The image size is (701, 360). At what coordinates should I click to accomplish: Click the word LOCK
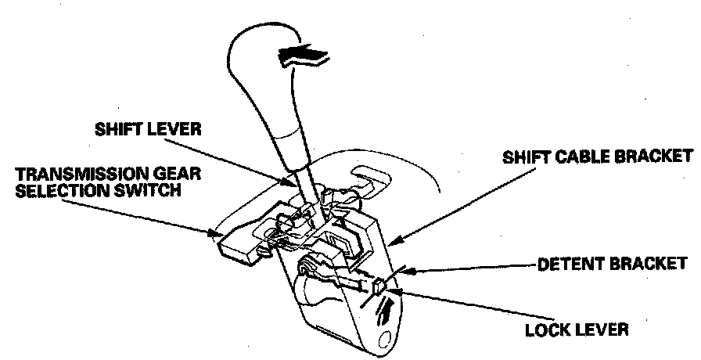[548, 329]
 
